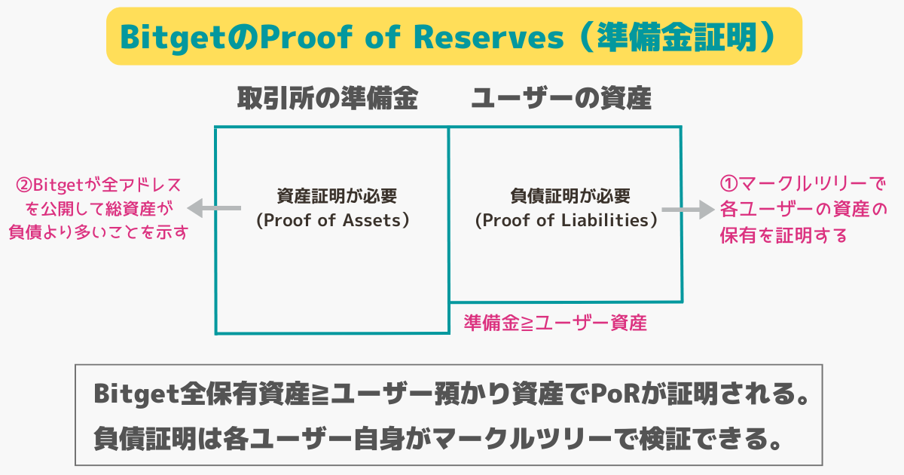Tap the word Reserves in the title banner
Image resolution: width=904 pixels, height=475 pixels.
point(488,37)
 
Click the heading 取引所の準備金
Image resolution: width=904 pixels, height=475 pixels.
point(327,98)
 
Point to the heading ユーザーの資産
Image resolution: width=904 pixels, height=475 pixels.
point(561,98)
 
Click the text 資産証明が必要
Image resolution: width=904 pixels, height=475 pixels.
point(337,196)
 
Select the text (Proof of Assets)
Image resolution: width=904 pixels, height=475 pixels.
point(333,220)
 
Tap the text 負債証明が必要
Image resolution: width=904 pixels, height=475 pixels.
point(570,196)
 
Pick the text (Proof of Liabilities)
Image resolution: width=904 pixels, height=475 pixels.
point(567,220)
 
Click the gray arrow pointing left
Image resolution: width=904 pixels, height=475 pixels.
point(214,208)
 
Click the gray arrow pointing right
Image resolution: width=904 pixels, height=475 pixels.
point(688,210)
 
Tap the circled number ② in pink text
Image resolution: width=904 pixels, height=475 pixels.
point(24,185)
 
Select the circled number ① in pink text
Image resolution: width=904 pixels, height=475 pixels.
point(729,184)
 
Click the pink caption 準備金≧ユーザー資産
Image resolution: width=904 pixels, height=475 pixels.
point(555,323)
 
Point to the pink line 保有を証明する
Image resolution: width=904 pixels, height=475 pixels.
point(783,235)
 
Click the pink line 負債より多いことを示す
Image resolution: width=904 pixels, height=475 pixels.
point(99,232)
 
